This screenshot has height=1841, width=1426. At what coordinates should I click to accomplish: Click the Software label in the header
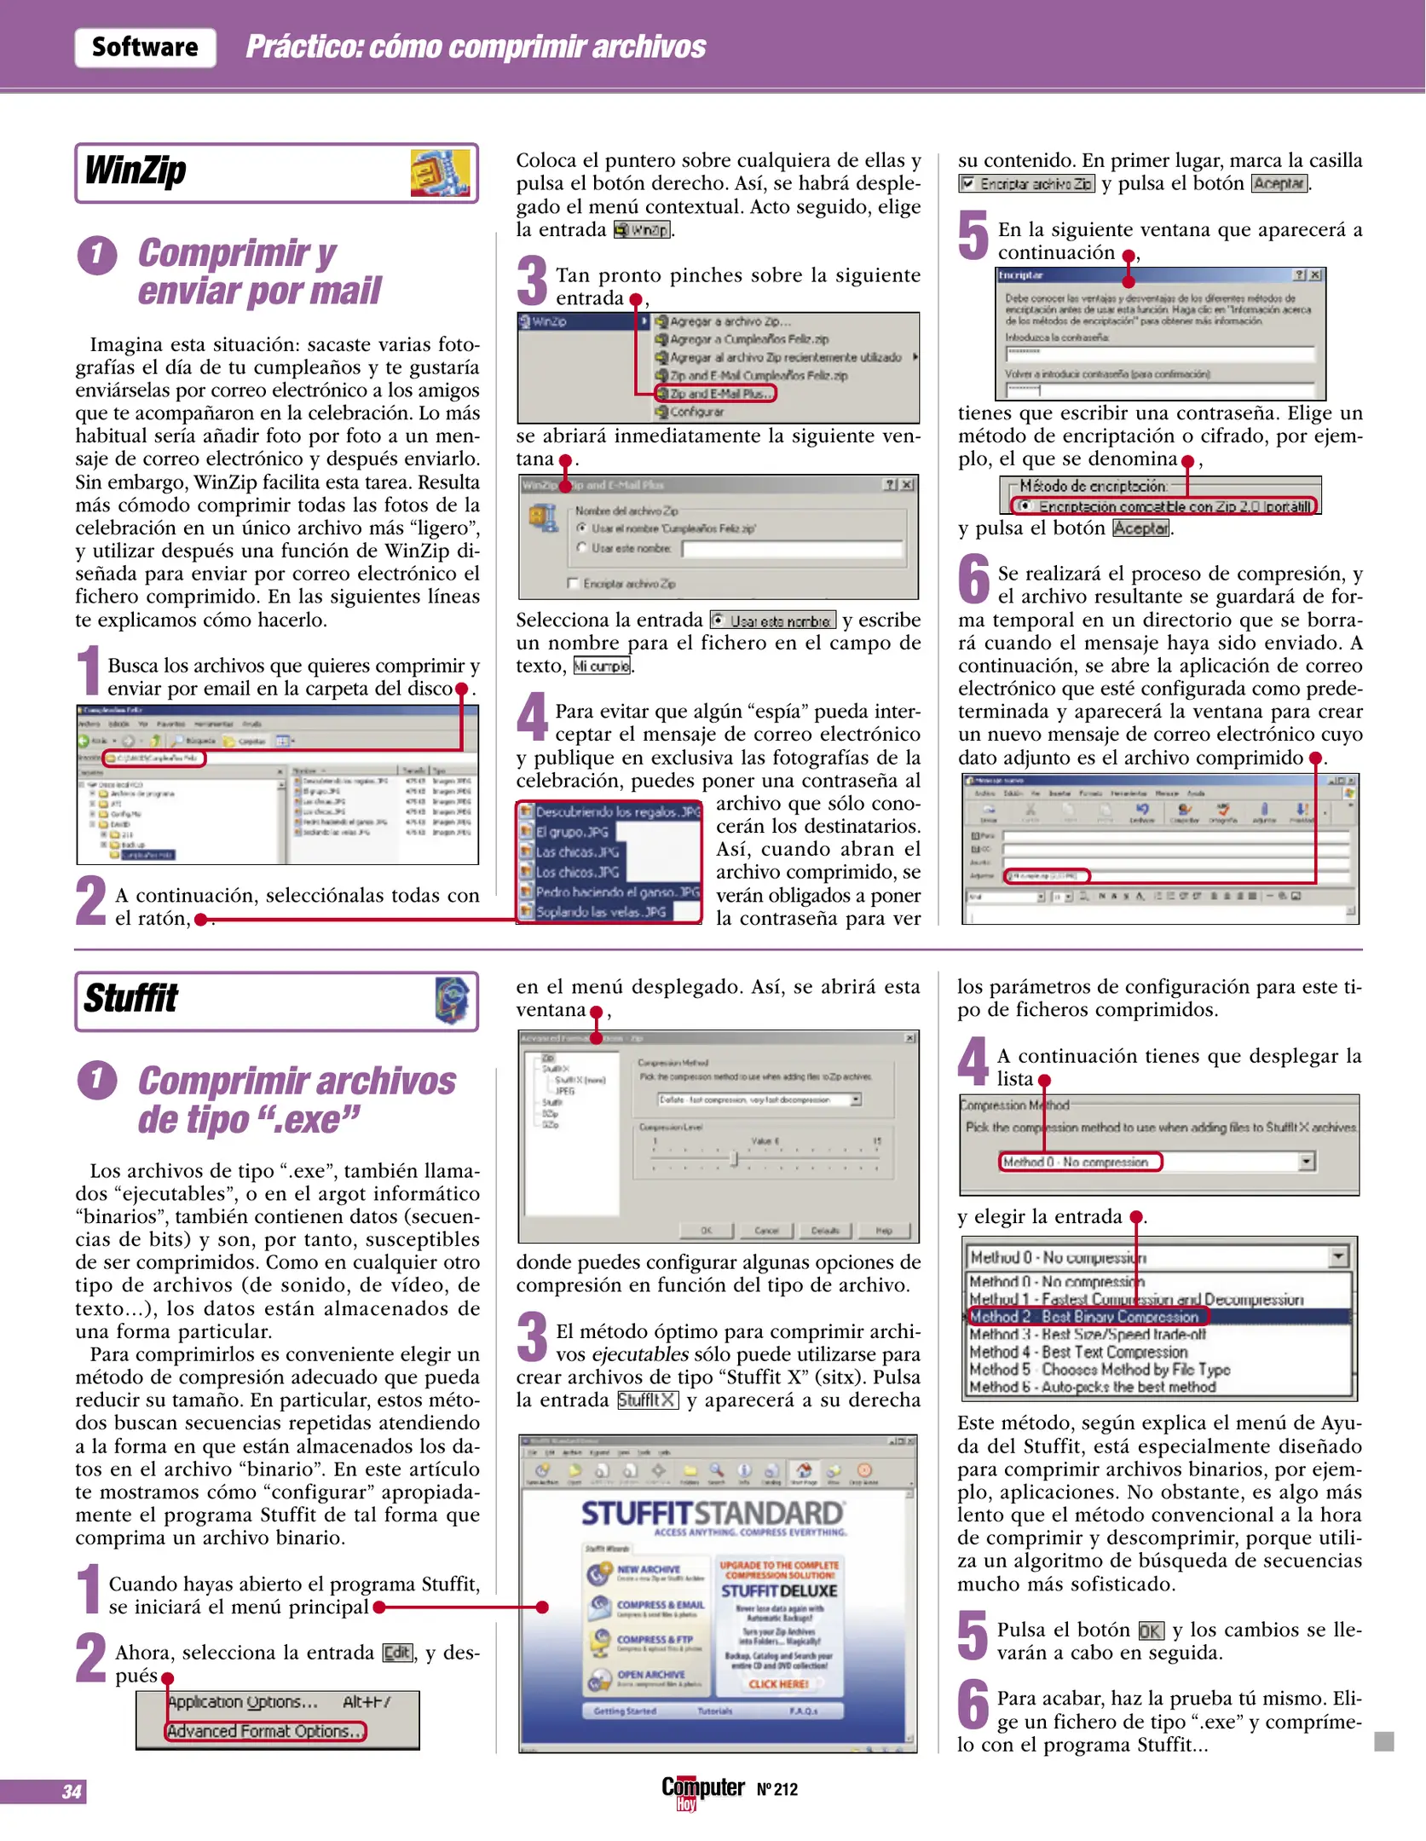145,47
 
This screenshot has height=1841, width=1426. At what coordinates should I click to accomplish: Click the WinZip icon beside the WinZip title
440,173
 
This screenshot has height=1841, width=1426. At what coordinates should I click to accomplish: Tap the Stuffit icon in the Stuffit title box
452,1001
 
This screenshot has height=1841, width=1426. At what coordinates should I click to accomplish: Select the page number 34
72,1792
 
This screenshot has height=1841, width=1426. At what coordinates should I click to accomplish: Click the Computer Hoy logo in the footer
702,1790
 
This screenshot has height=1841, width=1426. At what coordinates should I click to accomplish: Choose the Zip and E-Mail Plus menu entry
715,394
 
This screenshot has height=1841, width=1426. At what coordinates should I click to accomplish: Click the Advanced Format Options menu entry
265,1731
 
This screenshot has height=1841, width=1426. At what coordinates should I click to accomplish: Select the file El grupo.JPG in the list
572,832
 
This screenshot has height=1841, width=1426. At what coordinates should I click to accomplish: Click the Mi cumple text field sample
602,667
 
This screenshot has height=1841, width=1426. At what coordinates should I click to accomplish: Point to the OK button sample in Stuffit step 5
1150,1630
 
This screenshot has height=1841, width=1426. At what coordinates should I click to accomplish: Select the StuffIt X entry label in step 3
647,1400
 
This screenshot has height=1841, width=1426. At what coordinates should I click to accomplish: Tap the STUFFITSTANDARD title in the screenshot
712,1514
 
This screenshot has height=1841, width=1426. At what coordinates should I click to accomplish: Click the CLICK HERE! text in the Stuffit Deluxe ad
778,1683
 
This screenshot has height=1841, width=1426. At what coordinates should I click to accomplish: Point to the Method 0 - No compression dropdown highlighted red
1079,1162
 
